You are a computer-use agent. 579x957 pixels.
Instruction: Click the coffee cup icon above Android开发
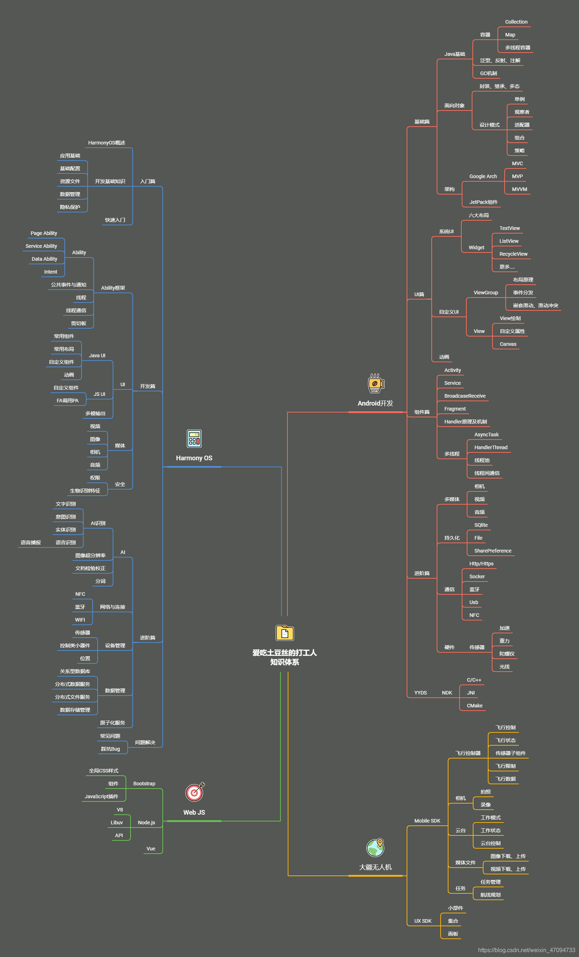click(376, 383)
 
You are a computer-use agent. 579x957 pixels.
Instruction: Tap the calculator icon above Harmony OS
click(194, 438)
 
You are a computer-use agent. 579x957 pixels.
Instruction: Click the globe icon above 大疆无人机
click(376, 848)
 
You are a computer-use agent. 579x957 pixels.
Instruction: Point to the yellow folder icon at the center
click(285, 633)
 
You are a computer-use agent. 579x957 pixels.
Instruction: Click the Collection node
click(516, 22)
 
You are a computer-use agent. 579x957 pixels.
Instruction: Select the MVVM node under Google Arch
click(519, 190)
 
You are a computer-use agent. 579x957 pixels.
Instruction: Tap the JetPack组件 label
click(483, 202)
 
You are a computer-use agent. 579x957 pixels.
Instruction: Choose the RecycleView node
click(513, 254)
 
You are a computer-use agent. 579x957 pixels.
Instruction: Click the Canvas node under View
click(508, 344)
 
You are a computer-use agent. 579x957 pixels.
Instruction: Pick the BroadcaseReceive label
click(465, 396)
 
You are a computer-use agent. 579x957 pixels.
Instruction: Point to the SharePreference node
click(492, 551)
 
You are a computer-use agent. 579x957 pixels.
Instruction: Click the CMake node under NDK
click(475, 706)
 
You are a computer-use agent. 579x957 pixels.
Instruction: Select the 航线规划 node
click(490, 895)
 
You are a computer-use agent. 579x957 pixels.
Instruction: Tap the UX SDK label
click(422, 921)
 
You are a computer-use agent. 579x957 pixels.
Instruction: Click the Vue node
click(151, 849)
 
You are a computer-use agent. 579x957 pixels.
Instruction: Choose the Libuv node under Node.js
click(117, 823)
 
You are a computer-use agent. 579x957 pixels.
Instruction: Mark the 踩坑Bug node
click(110, 749)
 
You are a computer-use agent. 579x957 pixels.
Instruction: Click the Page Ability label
click(44, 234)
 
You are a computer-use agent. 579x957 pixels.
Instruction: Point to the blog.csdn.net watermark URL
click(526, 950)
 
